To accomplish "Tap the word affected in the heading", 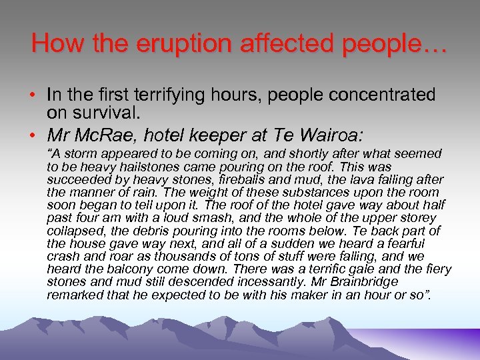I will [x=283, y=43].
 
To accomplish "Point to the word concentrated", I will [x=370, y=95].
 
